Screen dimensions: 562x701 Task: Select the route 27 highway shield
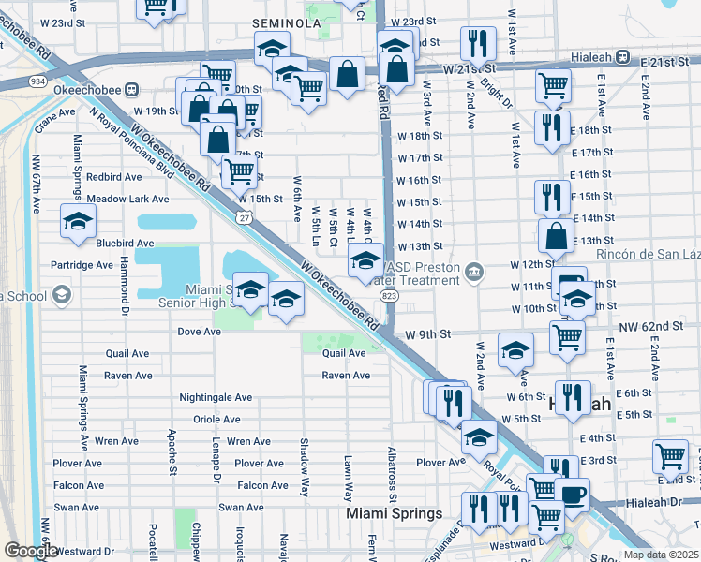point(244,217)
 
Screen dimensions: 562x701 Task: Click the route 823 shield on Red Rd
point(388,295)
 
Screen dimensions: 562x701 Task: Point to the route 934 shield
point(37,81)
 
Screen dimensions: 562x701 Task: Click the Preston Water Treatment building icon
point(475,273)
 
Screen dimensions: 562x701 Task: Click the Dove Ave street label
point(199,332)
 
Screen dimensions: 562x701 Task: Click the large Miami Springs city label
point(394,514)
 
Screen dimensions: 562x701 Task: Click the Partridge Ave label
point(82,265)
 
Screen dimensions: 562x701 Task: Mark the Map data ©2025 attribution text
point(660,555)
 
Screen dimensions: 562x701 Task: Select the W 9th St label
point(428,333)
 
